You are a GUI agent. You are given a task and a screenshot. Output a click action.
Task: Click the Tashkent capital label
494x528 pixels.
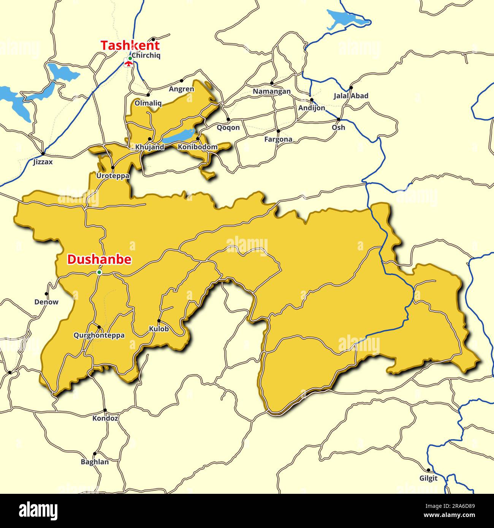click(130, 45)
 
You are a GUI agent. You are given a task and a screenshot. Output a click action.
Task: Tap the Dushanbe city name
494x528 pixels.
click(99, 259)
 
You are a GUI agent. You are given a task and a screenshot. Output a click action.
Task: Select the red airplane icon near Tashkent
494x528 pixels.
click(129, 63)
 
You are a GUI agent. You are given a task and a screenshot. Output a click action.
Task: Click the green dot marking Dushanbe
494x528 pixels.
click(99, 272)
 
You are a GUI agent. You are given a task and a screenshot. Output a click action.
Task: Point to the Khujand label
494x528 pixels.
click(150, 147)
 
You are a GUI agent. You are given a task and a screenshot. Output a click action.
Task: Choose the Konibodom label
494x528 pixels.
click(198, 147)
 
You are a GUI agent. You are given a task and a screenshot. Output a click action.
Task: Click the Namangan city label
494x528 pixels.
click(272, 91)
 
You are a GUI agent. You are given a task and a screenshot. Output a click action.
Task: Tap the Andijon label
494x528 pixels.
click(312, 108)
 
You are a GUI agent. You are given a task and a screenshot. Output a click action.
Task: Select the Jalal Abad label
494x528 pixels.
click(351, 96)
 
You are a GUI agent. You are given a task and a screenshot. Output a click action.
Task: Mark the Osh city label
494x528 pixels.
click(338, 127)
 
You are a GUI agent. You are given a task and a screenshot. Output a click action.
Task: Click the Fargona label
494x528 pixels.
click(278, 139)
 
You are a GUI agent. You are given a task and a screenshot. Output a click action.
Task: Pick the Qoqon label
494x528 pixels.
click(228, 127)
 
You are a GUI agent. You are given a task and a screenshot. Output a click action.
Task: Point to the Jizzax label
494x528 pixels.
click(43, 162)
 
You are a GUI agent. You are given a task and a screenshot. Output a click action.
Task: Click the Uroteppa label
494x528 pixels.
click(113, 176)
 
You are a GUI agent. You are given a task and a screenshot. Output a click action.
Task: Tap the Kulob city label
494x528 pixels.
click(159, 329)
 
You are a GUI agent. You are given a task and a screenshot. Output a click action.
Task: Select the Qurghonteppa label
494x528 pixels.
click(99, 335)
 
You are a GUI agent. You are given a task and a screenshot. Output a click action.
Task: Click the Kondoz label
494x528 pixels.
click(105, 418)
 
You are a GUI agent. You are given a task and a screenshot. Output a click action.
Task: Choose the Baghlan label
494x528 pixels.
click(95, 462)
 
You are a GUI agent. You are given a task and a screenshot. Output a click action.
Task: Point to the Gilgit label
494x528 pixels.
click(428, 478)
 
